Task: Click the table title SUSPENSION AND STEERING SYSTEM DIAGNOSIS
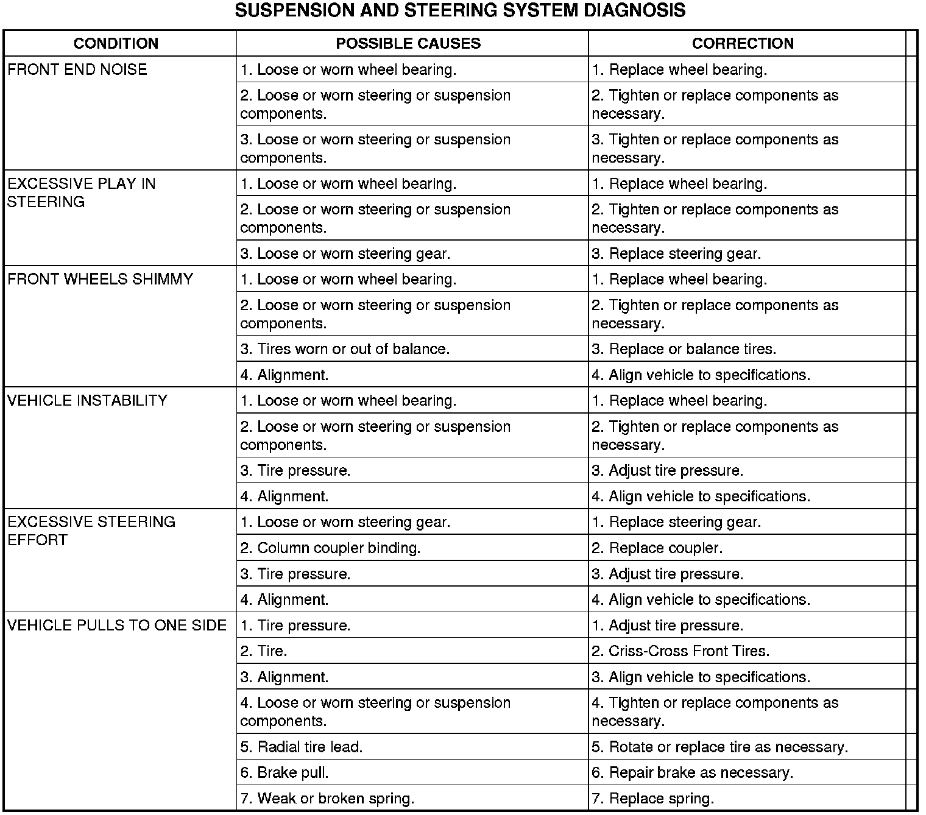[460, 10]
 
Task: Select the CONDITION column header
[116, 43]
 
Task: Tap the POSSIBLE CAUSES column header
[408, 43]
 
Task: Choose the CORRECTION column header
[743, 43]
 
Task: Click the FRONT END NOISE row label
[77, 69]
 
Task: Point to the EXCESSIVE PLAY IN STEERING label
[81, 192]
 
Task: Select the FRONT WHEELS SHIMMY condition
[100, 279]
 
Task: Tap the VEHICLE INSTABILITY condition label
[87, 400]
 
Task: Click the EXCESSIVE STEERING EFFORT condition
[91, 531]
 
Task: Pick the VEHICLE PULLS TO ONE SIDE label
[117, 625]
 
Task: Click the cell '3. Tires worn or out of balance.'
[345, 349]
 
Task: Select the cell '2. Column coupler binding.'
[330, 548]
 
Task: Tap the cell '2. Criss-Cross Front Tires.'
[680, 651]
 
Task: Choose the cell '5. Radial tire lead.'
[302, 747]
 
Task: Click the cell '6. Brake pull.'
[285, 772]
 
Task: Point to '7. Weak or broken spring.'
[327, 798]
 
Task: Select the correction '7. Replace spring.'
[652, 798]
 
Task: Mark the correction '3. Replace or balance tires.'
[684, 349]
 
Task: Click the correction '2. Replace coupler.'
[657, 548]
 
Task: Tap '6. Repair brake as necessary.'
[692, 772]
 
